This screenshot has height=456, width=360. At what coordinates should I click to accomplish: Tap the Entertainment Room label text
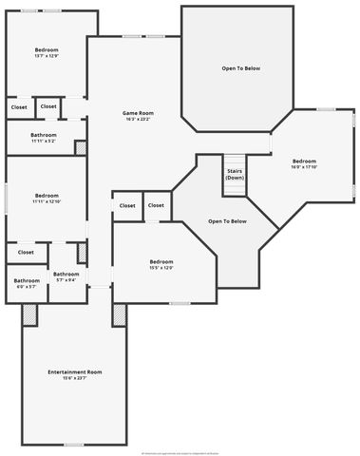pos(75,371)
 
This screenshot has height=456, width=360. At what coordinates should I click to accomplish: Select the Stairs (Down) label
pos(235,175)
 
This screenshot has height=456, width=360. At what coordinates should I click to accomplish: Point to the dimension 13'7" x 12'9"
pos(47,56)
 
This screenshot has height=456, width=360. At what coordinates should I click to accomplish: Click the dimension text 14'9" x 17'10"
pos(304,168)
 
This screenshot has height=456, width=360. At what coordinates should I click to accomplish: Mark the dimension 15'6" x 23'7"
pos(75,378)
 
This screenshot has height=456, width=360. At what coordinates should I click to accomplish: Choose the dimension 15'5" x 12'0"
pos(161,268)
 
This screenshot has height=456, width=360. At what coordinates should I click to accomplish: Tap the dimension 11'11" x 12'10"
pos(46,201)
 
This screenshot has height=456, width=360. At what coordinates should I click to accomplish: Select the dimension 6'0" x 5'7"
pos(27,286)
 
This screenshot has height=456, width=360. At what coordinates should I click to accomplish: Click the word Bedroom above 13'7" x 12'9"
pos(47,49)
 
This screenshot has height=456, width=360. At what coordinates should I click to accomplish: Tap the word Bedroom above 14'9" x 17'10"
pos(304,161)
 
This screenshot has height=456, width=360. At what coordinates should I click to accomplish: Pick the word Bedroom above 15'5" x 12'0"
pos(161,261)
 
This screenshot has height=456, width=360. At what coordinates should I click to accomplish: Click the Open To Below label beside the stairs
pos(228,221)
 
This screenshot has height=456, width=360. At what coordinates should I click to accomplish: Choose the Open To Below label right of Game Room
pos(241,69)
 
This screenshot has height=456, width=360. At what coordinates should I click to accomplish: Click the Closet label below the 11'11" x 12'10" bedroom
pos(26,253)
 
